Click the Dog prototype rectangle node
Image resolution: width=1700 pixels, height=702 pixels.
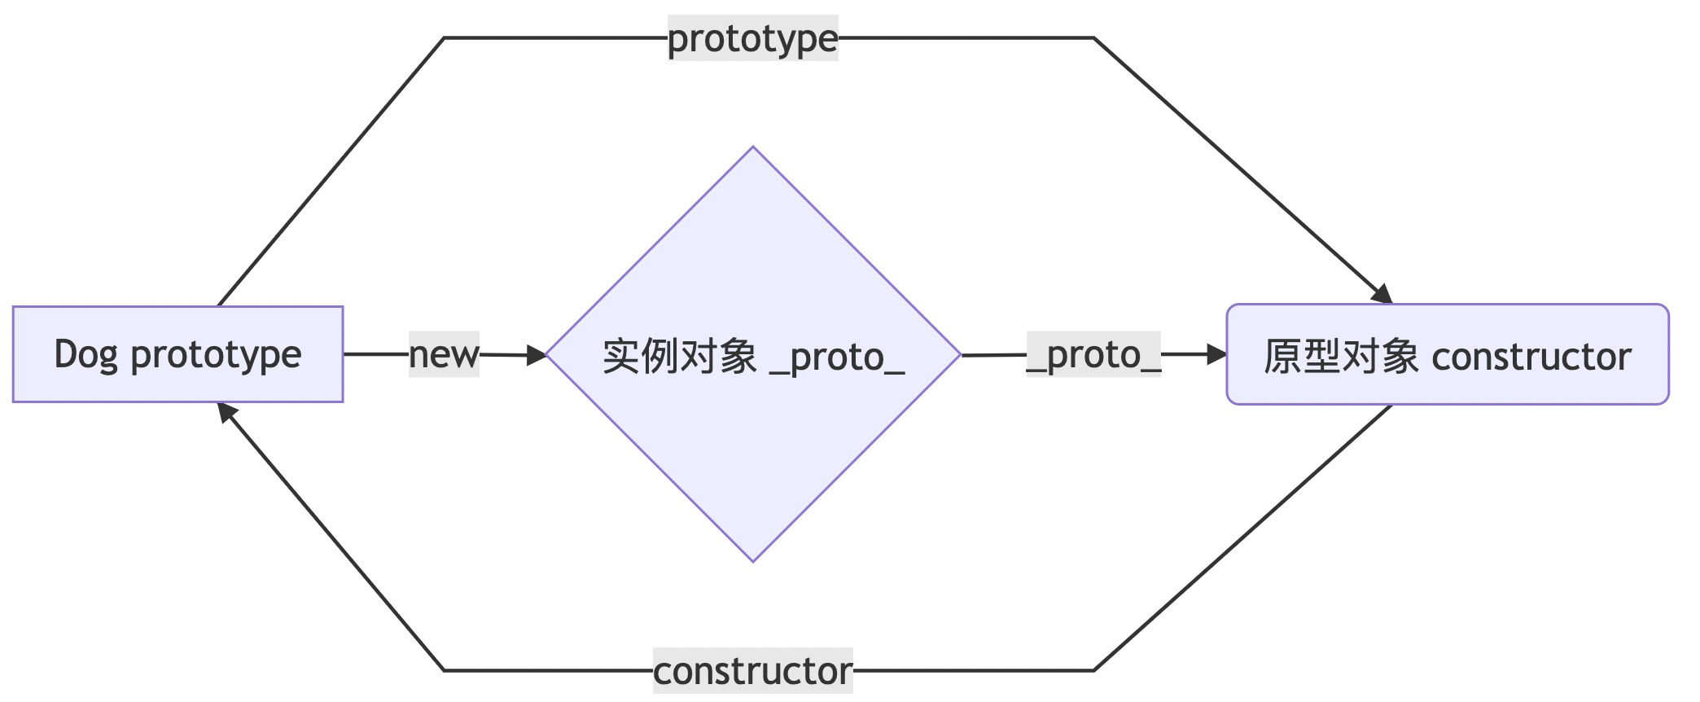[177, 354]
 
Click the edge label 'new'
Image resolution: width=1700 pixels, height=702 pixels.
[444, 354]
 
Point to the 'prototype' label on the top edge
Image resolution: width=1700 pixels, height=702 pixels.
[752, 38]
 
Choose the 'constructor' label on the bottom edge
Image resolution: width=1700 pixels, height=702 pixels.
[752, 671]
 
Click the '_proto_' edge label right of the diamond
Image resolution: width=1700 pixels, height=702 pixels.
[1093, 354]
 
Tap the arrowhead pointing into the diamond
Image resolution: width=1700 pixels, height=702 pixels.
[537, 355]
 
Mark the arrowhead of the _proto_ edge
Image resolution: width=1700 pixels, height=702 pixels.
[1216, 354]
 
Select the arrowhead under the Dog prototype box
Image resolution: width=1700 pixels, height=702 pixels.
[227, 412]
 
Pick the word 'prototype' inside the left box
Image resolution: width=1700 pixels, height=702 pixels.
[216, 354]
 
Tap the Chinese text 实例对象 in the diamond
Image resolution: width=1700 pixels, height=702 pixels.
[680, 357]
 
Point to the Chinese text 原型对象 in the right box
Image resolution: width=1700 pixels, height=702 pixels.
[1341, 356]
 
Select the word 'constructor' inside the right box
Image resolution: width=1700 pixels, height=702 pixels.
[1531, 356]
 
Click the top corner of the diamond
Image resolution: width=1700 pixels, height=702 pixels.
[753, 148]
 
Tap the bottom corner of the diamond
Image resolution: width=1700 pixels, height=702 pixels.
[753, 560]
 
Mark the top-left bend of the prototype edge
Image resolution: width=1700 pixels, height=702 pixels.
[445, 38]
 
